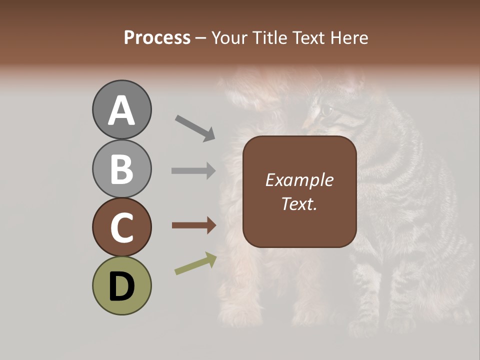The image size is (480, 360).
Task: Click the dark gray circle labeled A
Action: tap(121, 109)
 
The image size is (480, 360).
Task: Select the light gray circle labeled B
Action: tap(121, 168)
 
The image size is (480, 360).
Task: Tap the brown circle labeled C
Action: tap(121, 227)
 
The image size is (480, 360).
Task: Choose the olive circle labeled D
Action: tap(121, 285)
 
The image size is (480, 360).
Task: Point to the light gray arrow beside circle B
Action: tap(193, 170)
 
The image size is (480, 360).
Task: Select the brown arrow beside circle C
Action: tap(193, 225)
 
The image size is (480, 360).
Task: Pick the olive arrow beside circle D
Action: tap(195, 264)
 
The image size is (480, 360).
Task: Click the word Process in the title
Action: tap(157, 37)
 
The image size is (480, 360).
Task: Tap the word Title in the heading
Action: tap(269, 37)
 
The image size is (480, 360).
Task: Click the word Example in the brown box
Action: tap(299, 180)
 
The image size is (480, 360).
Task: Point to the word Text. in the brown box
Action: tap(299, 203)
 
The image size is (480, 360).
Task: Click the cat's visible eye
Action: tap(326, 109)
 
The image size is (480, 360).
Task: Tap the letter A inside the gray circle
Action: tap(121, 110)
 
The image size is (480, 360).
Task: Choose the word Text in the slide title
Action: tap(307, 37)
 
